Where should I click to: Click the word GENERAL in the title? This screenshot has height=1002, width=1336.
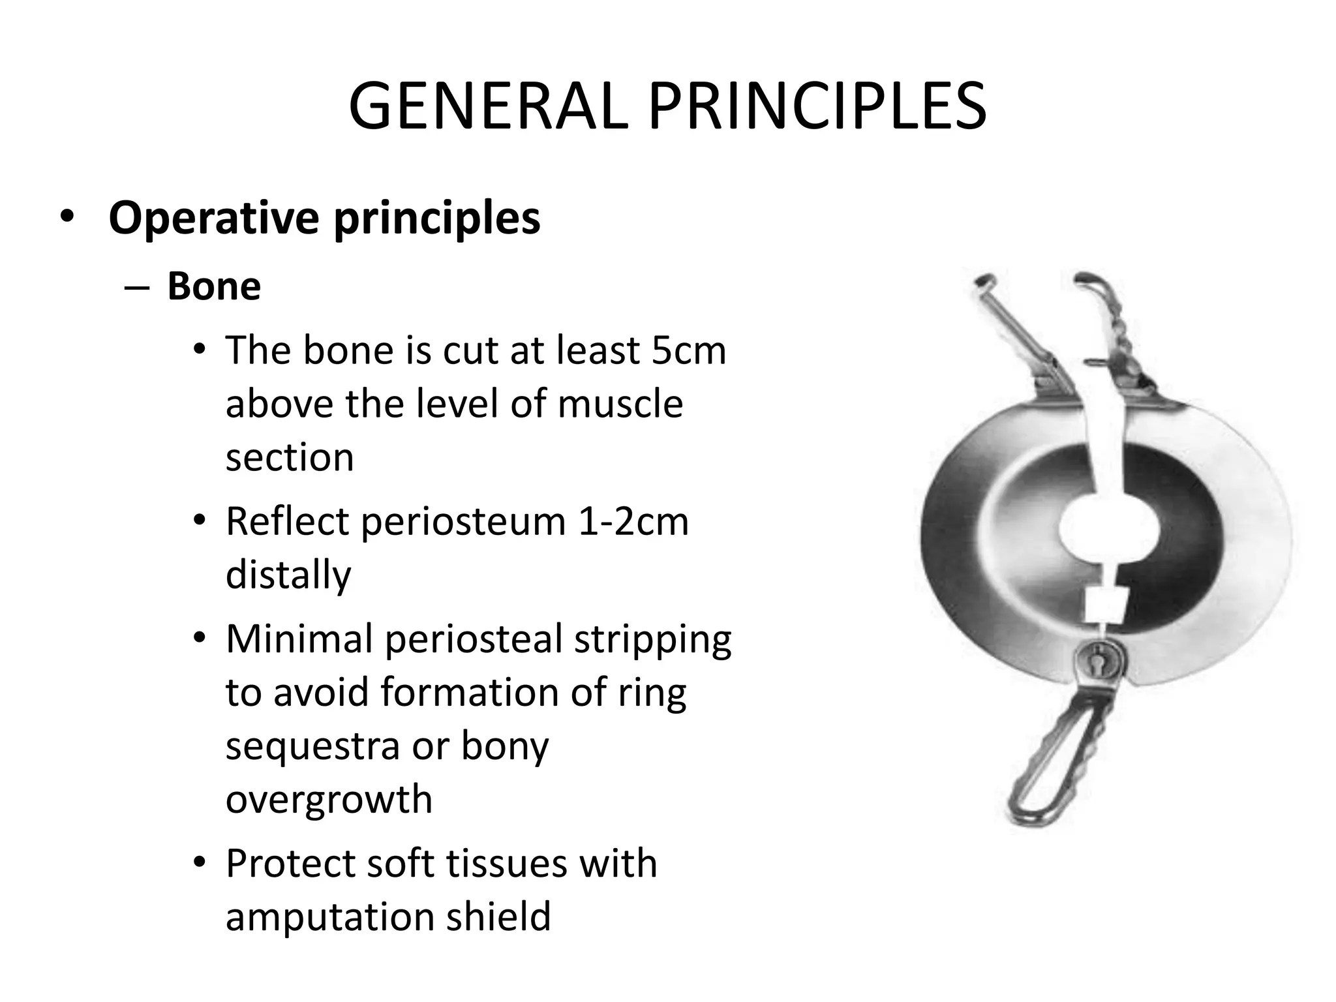489,106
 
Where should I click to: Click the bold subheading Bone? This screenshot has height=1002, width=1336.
214,286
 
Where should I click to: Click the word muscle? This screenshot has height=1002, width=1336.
620,403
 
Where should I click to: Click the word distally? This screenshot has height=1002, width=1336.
288,574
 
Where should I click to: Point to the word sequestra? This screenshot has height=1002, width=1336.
312,746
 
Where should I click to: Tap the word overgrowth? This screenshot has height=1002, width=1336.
329,799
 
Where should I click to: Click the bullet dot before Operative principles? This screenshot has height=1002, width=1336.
67,217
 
